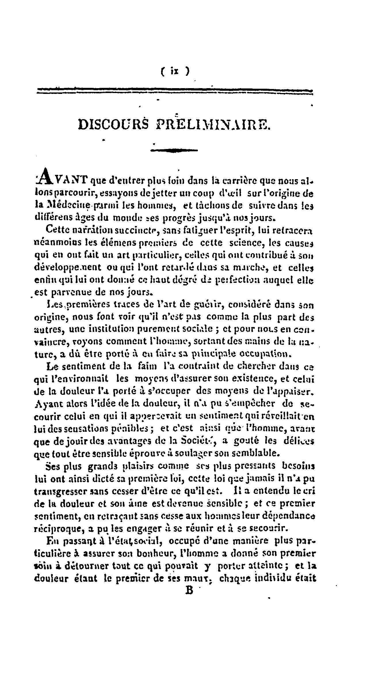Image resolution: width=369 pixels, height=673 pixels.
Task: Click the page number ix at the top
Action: tap(175, 70)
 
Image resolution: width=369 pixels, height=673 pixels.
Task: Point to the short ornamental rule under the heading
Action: tap(175, 150)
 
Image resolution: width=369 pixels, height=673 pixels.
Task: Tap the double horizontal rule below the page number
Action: tap(175, 91)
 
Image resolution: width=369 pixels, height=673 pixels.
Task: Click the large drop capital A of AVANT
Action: tap(45, 176)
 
